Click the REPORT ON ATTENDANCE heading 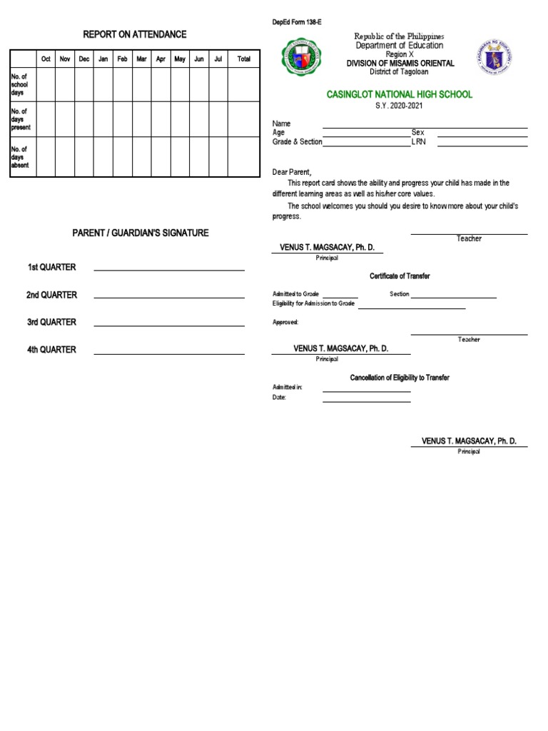(x=135, y=34)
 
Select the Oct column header (x=46, y=59)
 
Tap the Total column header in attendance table (x=244, y=59)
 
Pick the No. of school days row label (x=19, y=84)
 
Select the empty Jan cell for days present (x=103, y=119)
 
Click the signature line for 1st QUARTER (x=169, y=270)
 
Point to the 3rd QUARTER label (x=51, y=322)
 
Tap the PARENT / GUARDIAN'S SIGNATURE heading (x=140, y=233)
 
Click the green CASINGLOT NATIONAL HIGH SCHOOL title (x=399, y=94)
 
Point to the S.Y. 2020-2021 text (x=399, y=106)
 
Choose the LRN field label (x=418, y=141)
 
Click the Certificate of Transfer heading (x=399, y=276)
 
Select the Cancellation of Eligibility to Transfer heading (x=399, y=378)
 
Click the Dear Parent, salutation (x=292, y=172)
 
